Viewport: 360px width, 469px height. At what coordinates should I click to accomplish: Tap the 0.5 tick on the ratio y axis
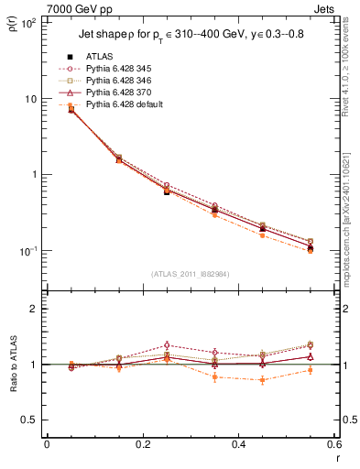click(x=32, y=420)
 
